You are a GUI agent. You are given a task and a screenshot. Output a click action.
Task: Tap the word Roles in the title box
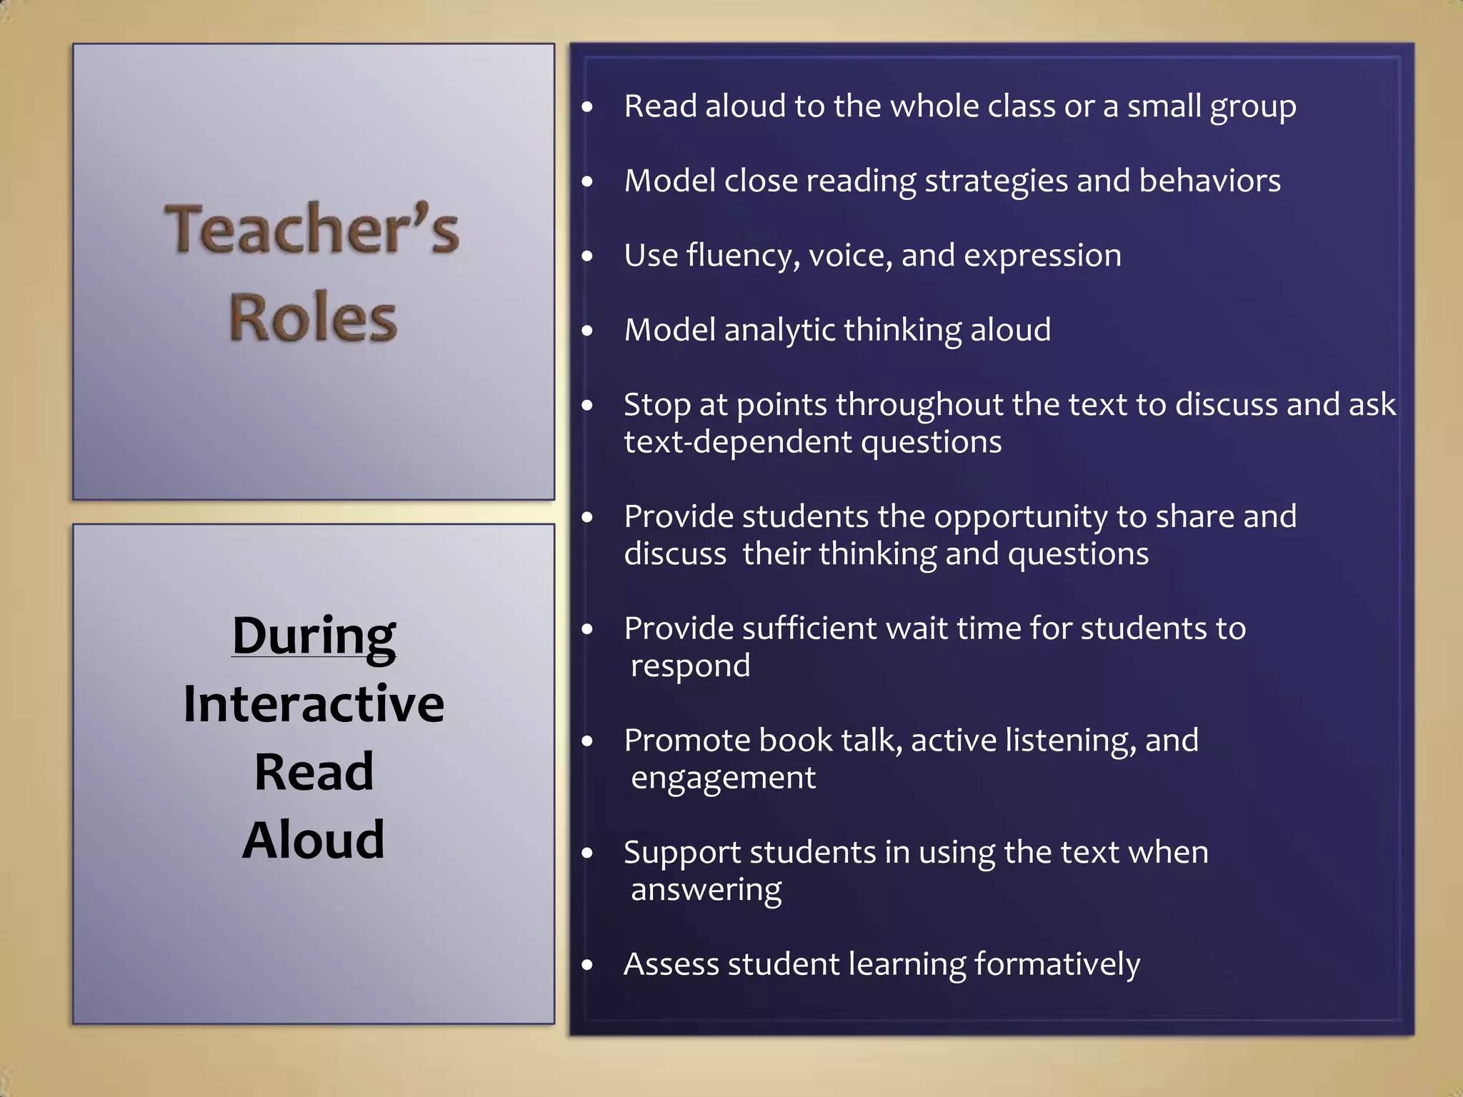coord(313,318)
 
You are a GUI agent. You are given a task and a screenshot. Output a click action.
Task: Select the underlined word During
coord(314,635)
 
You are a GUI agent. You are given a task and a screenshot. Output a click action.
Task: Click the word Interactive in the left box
coord(314,704)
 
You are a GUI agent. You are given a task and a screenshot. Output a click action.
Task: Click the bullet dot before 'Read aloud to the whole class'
coord(587,108)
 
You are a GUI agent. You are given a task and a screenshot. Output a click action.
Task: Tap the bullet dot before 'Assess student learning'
coord(587,966)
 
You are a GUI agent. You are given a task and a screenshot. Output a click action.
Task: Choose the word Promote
coord(686,741)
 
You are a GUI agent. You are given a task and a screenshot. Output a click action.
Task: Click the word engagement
coord(723,778)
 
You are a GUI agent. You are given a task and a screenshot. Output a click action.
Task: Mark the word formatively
coord(1057,965)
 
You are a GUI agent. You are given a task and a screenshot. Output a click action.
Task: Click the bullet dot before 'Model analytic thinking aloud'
coord(587,331)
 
